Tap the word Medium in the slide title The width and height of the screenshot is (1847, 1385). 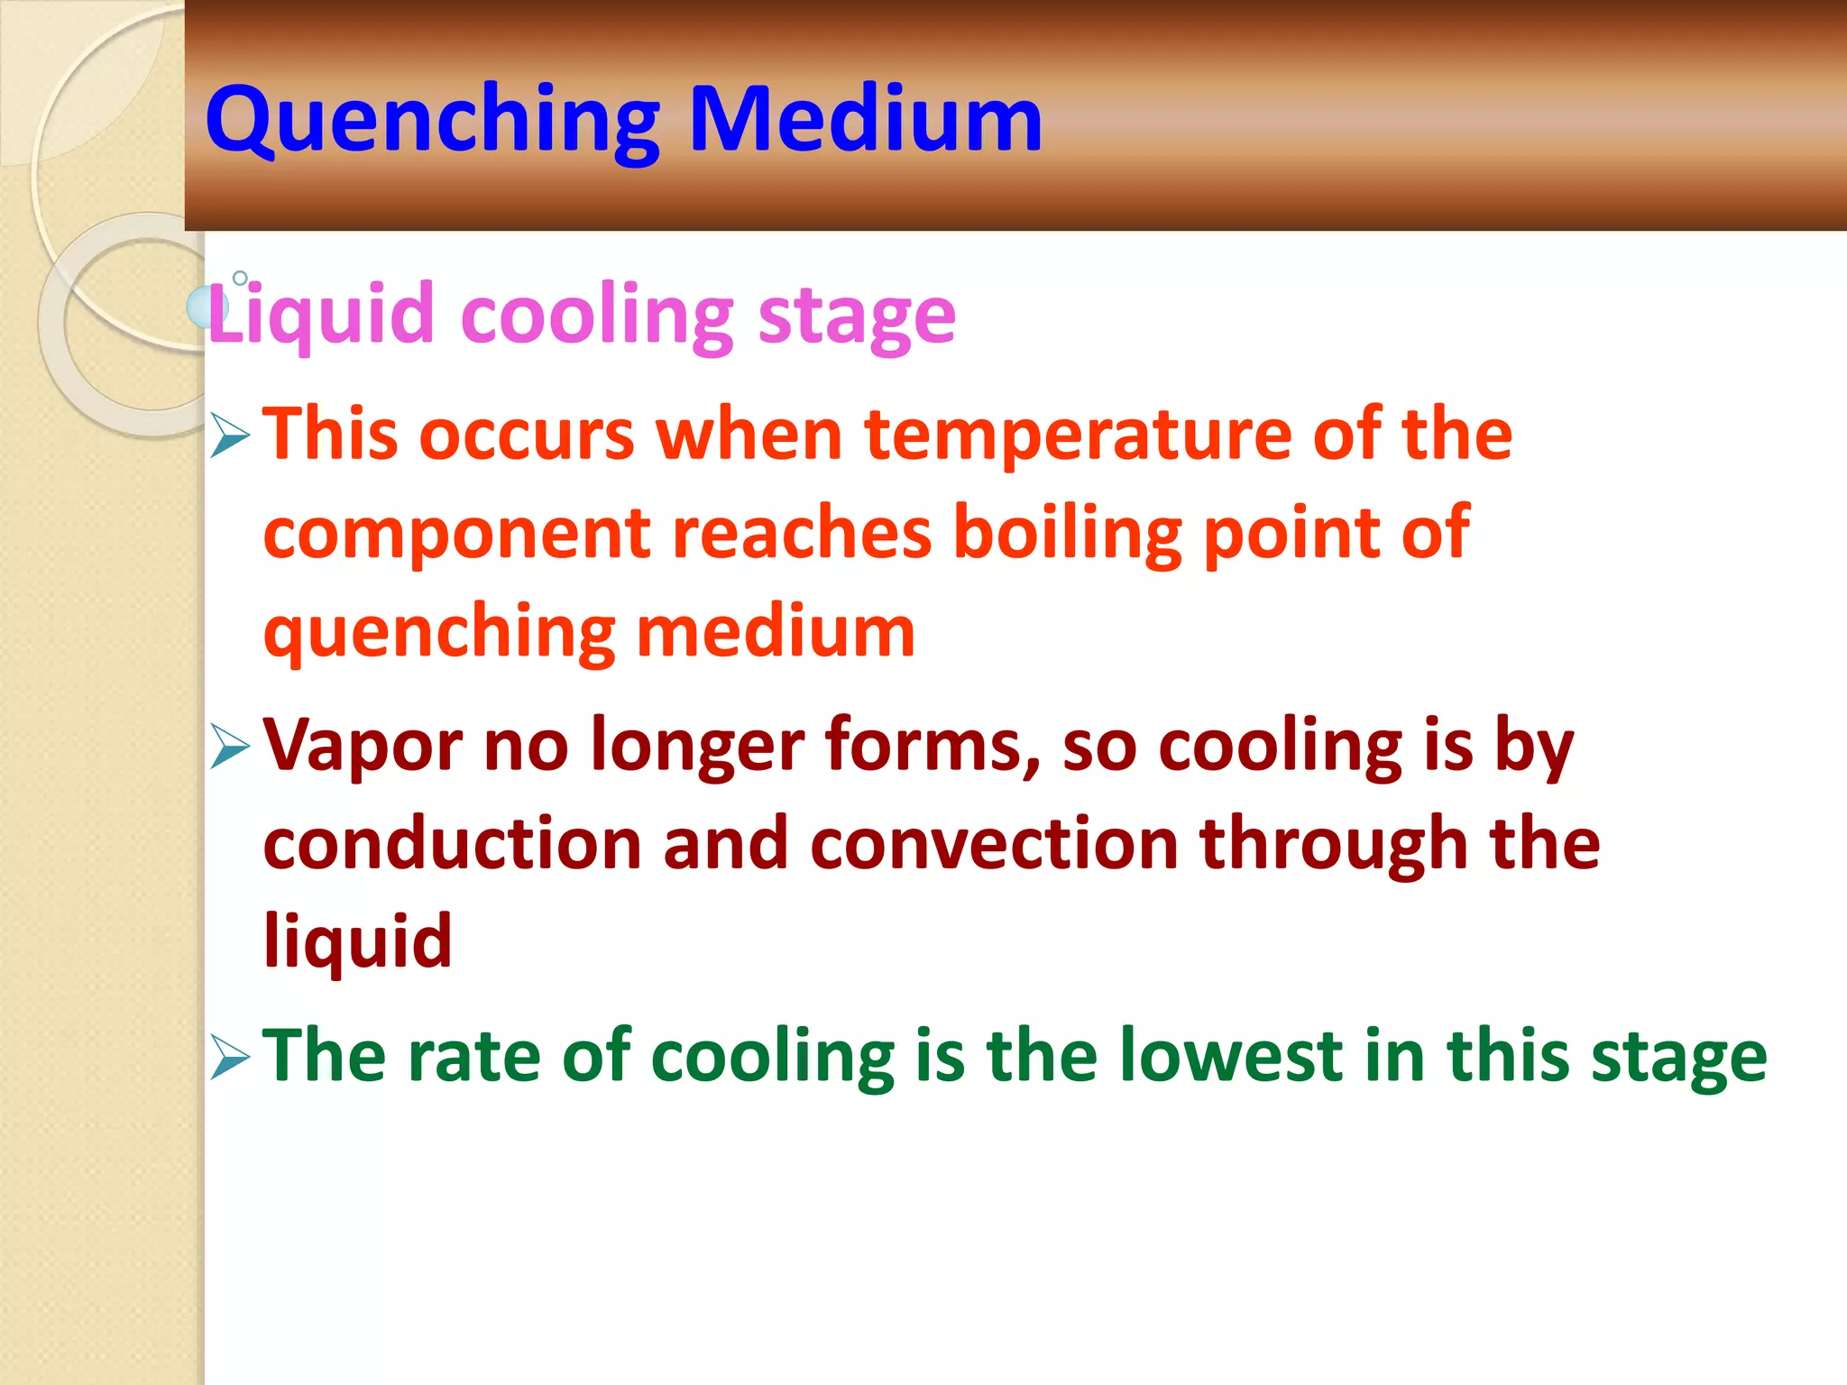pyautogui.click(x=865, y=119)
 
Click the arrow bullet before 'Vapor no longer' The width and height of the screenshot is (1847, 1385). pyautogui.click(x=230, y=746)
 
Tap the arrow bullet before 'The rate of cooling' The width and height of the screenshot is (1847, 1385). pyautogui.click(x=230, y=1057)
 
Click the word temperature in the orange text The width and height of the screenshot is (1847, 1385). pyautogui.click(x=1078, y=436)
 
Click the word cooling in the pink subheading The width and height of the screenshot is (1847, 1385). pyautogui.click(x=596, y=316)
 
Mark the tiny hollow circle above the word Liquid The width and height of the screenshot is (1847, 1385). pyautogui.click(x=240, y=278)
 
